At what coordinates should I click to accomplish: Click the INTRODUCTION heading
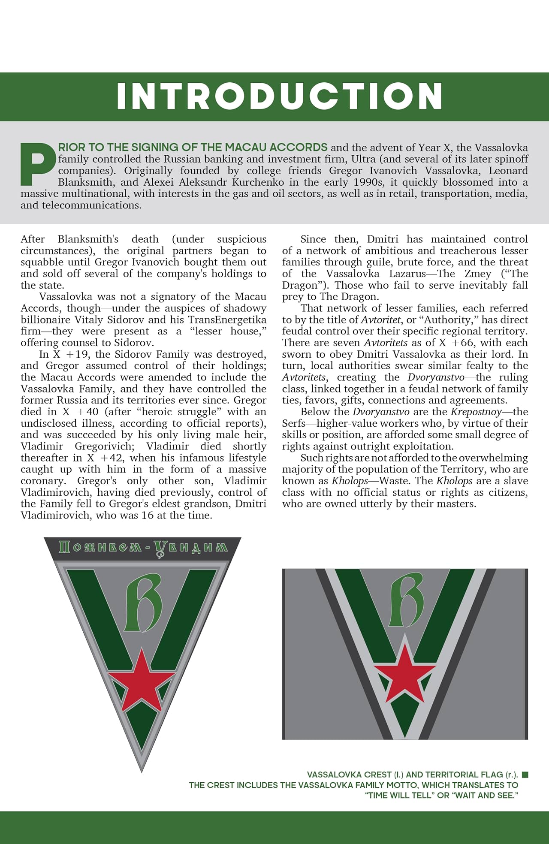coord(279,96)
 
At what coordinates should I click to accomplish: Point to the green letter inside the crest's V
coord(143,603)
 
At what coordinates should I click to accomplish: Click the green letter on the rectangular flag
coord(406,600)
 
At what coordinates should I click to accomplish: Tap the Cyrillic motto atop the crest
coord(143,548)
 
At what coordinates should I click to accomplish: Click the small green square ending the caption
coord(525,775)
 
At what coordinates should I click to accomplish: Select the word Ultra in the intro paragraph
coord(363,159)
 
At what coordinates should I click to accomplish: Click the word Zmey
coord(477,274)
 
